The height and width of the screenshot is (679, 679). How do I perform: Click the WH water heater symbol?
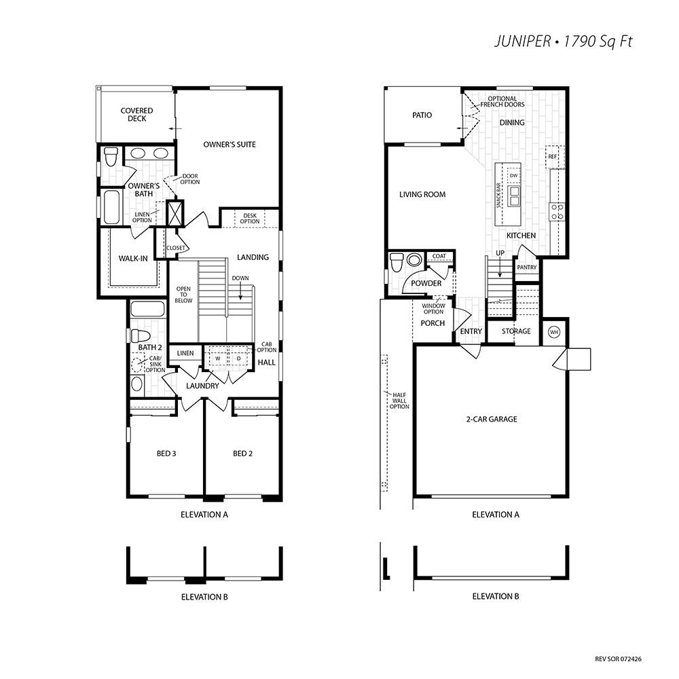point(554,332)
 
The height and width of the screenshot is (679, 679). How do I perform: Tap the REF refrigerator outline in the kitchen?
point(555,157)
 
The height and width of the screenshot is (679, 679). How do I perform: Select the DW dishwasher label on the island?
point(513,175)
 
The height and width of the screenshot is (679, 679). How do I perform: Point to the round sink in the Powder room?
point(414,259)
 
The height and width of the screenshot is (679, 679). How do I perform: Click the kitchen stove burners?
point(557,212)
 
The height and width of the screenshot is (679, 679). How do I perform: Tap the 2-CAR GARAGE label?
point(492,419)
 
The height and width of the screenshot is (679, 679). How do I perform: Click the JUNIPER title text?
point(522,41)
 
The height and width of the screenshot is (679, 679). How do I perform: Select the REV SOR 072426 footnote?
point(619,659)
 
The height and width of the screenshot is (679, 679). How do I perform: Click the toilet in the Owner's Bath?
point(111,157)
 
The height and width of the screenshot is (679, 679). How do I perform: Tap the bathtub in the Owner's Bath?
point(111,206)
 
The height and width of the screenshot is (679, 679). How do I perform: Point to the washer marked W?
point(218,359)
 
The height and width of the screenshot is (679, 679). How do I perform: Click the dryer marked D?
point(238,359)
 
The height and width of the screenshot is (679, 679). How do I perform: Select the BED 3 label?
point(166,454)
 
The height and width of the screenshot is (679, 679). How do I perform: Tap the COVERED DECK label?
point(137,115)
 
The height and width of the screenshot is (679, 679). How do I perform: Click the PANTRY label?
point(527,267)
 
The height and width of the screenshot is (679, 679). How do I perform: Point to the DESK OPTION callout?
point(250,218)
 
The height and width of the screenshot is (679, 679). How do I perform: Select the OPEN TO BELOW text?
point(183,295)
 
